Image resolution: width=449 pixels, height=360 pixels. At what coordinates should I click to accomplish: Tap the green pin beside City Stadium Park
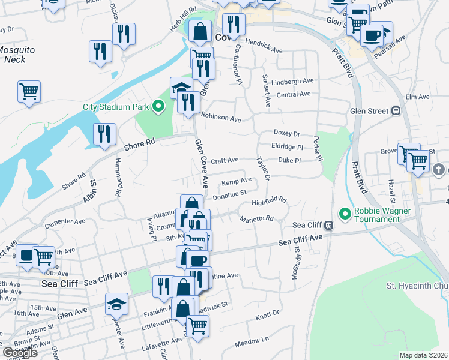click(158, 107)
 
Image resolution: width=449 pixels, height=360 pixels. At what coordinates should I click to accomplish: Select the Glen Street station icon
click(396, 110)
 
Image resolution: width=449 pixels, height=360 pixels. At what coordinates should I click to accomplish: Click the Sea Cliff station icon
click(329, 226)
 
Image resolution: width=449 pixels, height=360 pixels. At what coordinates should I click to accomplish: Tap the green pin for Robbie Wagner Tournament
click(345, 214)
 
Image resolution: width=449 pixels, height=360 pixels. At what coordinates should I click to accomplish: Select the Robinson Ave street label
click(221, 118)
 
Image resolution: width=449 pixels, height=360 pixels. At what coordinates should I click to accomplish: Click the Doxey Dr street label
click(286, 133)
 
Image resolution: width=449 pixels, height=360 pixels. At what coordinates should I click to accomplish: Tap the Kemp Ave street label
click(237, 181)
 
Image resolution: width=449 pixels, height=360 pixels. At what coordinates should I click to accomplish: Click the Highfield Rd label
click(269, 202)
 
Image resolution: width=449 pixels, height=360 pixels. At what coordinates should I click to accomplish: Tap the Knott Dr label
click(268, 313)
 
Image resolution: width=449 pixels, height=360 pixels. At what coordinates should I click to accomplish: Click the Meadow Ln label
click(252, 341)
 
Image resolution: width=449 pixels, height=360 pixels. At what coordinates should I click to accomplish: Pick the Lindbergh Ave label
click(292, 81)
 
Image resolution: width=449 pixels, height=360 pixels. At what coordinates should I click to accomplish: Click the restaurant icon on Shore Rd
click(104, 134)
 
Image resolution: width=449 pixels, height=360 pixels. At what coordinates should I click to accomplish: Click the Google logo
click(20, 353)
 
